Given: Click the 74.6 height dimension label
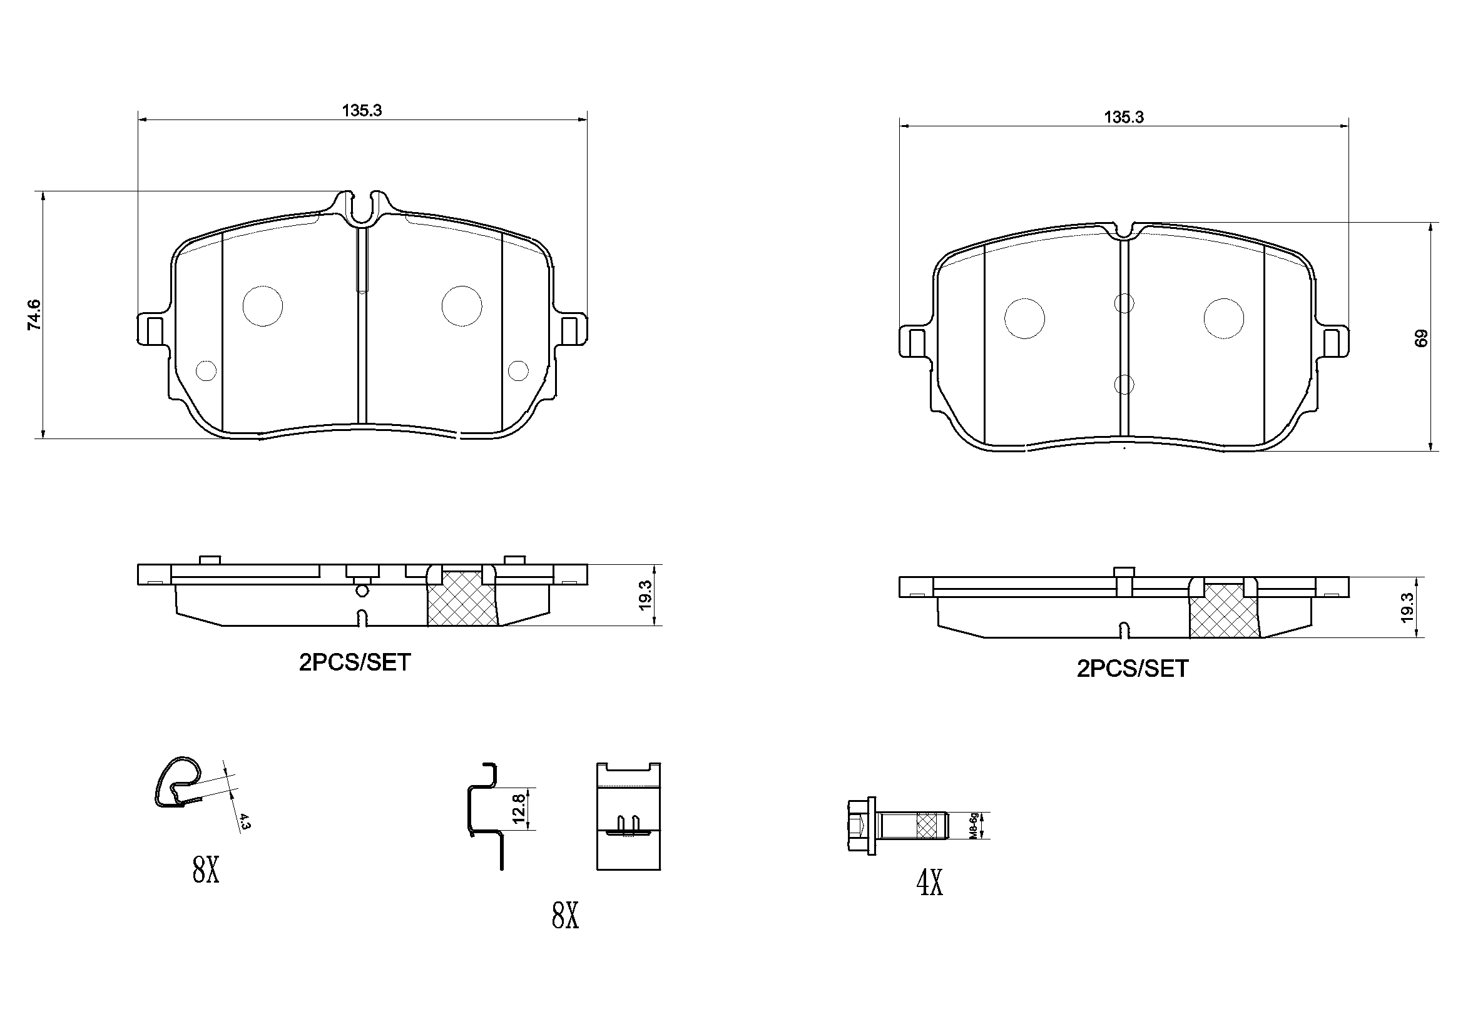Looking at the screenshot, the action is [34, 315].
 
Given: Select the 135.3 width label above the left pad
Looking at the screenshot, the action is [361, 111].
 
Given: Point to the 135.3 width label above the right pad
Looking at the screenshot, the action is [1123, 118].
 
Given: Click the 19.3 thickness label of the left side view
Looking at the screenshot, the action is [645, 595].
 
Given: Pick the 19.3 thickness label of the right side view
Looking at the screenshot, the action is [1407, 607].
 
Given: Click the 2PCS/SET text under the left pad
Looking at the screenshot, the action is [355, 663].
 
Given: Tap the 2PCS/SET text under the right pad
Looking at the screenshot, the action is [1133, 669].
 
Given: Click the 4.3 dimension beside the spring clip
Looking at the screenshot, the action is [246, 821].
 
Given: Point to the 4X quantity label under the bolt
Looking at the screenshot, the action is [929, 883].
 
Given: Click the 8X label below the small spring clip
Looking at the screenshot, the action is [206, 869].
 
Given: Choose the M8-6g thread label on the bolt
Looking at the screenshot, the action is [974, 826].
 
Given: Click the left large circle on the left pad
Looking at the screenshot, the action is [263, 306].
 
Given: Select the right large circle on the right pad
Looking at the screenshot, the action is [1223, 318].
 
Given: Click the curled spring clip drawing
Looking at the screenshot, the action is [178, 783].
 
